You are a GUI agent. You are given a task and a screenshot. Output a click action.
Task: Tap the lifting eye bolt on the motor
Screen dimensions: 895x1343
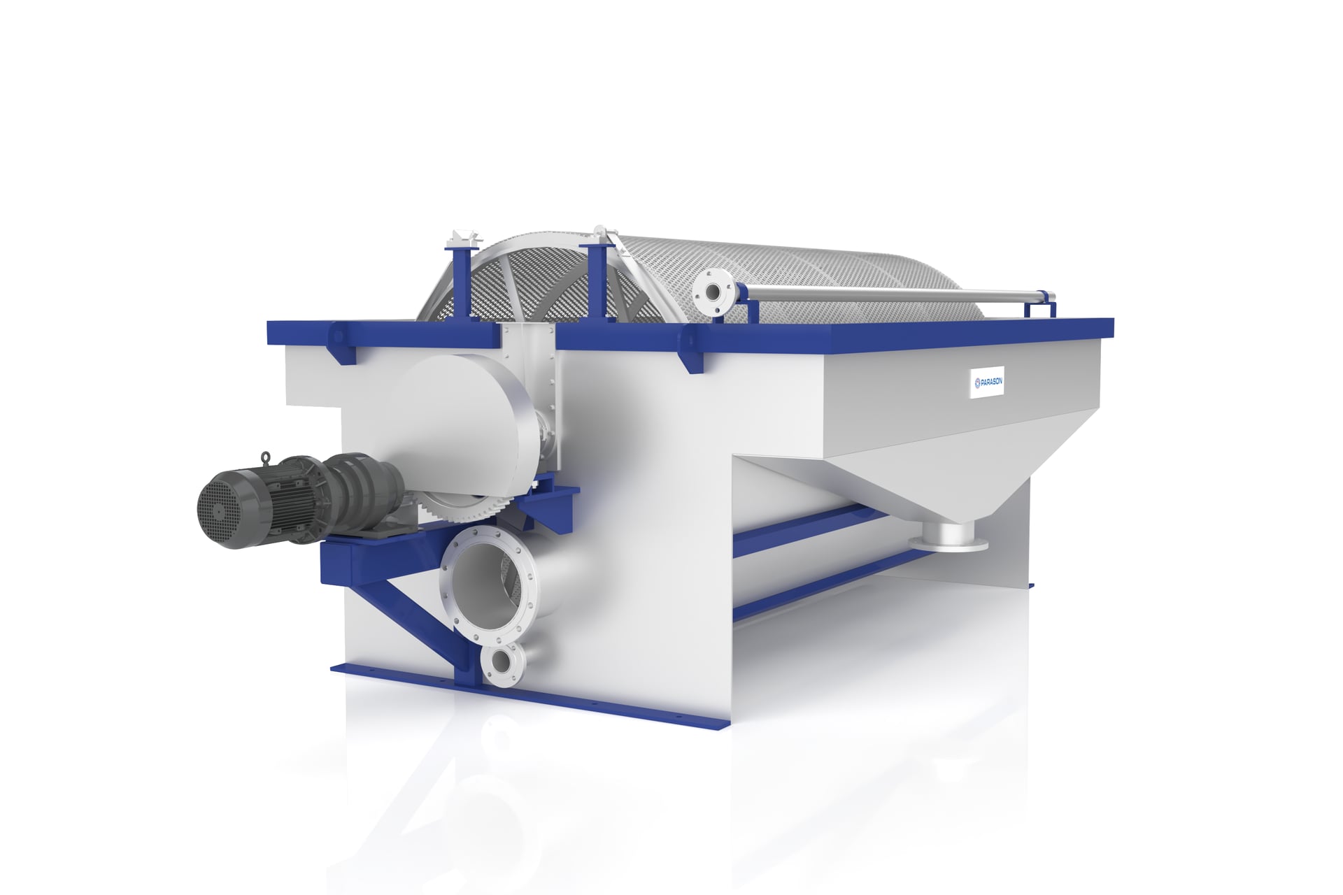tap(267, 458)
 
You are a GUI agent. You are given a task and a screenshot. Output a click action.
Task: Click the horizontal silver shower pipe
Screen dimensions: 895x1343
tap(874, 287)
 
